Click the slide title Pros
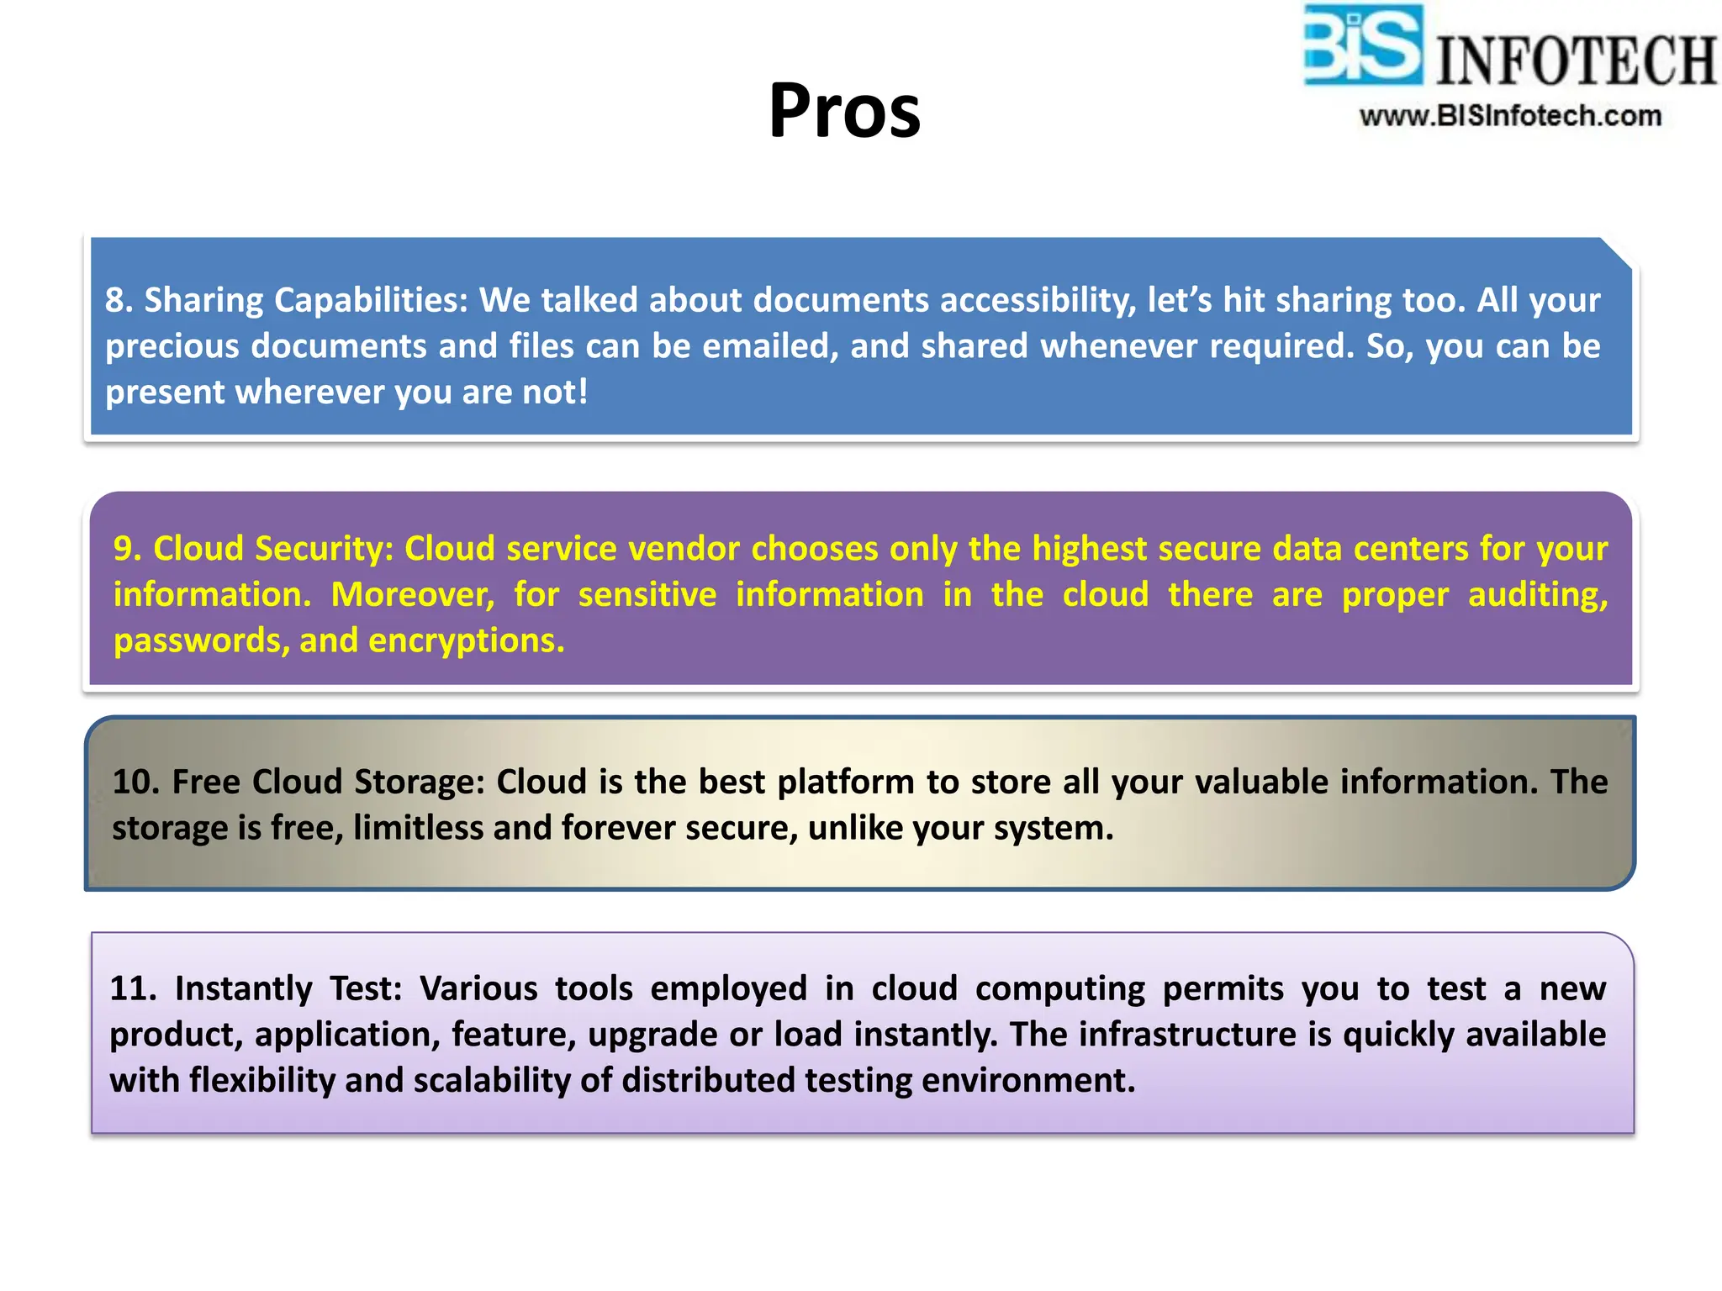(844, 111)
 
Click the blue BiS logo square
(1362, 46)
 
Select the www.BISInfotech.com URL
(1510, 116)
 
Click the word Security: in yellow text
(325, 549)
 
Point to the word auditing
(1538, 595)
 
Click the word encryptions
(467, 641)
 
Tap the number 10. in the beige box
(135, 782)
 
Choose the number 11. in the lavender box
(133, 988)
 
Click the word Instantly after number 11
(243, 988)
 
